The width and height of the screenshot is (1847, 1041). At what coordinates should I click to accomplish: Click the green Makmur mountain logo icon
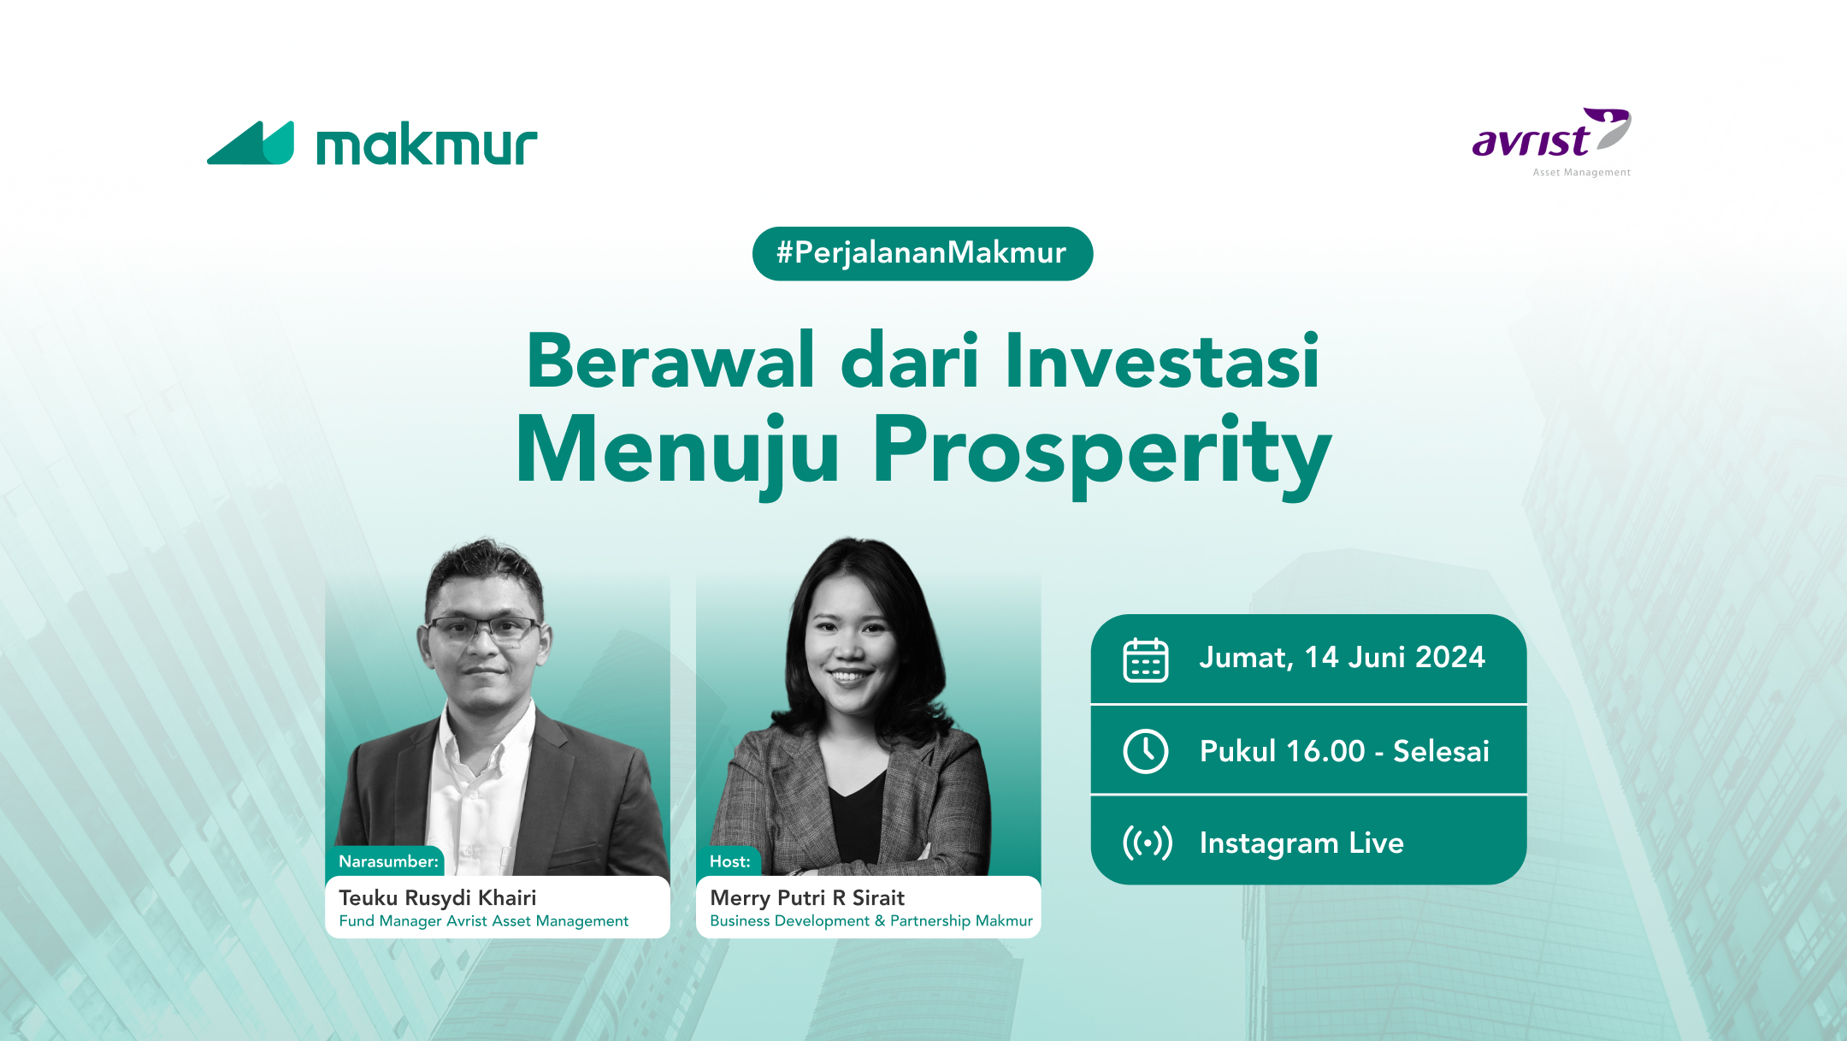251,144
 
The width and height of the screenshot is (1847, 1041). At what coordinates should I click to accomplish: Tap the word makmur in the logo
427,145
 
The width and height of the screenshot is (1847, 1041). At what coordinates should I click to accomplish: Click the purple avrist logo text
1531,140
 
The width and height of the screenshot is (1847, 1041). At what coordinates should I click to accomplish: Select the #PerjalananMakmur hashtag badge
922,253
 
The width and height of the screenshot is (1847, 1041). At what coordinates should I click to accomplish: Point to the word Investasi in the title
1162,361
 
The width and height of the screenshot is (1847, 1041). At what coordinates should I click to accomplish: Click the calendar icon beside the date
1145,659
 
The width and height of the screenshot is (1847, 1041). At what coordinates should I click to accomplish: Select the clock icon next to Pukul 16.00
1145,751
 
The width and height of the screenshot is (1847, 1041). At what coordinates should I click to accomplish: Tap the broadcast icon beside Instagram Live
1147,843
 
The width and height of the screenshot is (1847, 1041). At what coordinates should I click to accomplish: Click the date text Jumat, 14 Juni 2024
1342,657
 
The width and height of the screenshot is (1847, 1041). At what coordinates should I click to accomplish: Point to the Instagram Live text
1301,843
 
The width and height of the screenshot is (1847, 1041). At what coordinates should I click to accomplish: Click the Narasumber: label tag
388,861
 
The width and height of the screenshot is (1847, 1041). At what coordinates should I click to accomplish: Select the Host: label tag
729,861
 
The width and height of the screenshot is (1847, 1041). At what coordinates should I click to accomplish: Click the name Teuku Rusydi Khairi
438,897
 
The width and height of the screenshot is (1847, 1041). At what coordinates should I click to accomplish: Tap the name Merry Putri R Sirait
807,897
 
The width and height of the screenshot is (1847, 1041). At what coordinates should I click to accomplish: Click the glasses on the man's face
483,631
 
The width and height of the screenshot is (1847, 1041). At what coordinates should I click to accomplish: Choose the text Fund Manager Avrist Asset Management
484,921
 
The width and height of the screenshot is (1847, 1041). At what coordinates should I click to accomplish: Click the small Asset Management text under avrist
1581,173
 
